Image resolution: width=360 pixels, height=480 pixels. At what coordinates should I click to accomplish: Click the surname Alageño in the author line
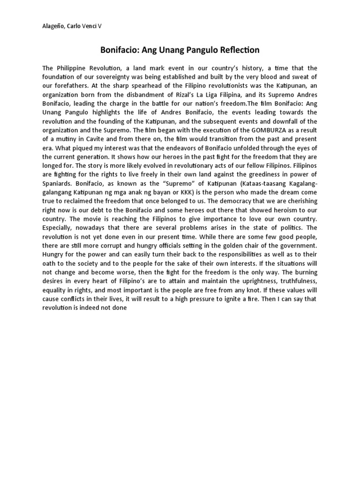(53, 26)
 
